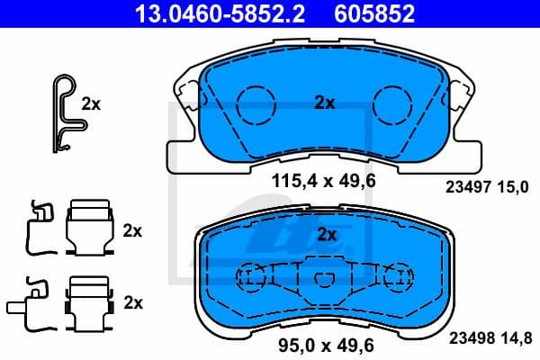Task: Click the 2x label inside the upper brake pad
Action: pos(324,103)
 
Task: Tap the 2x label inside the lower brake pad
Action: pos(327,236)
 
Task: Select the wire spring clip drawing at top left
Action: pos(64,113)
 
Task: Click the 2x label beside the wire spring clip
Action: pos(91,103)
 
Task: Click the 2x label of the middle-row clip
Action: pos(132,230)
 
